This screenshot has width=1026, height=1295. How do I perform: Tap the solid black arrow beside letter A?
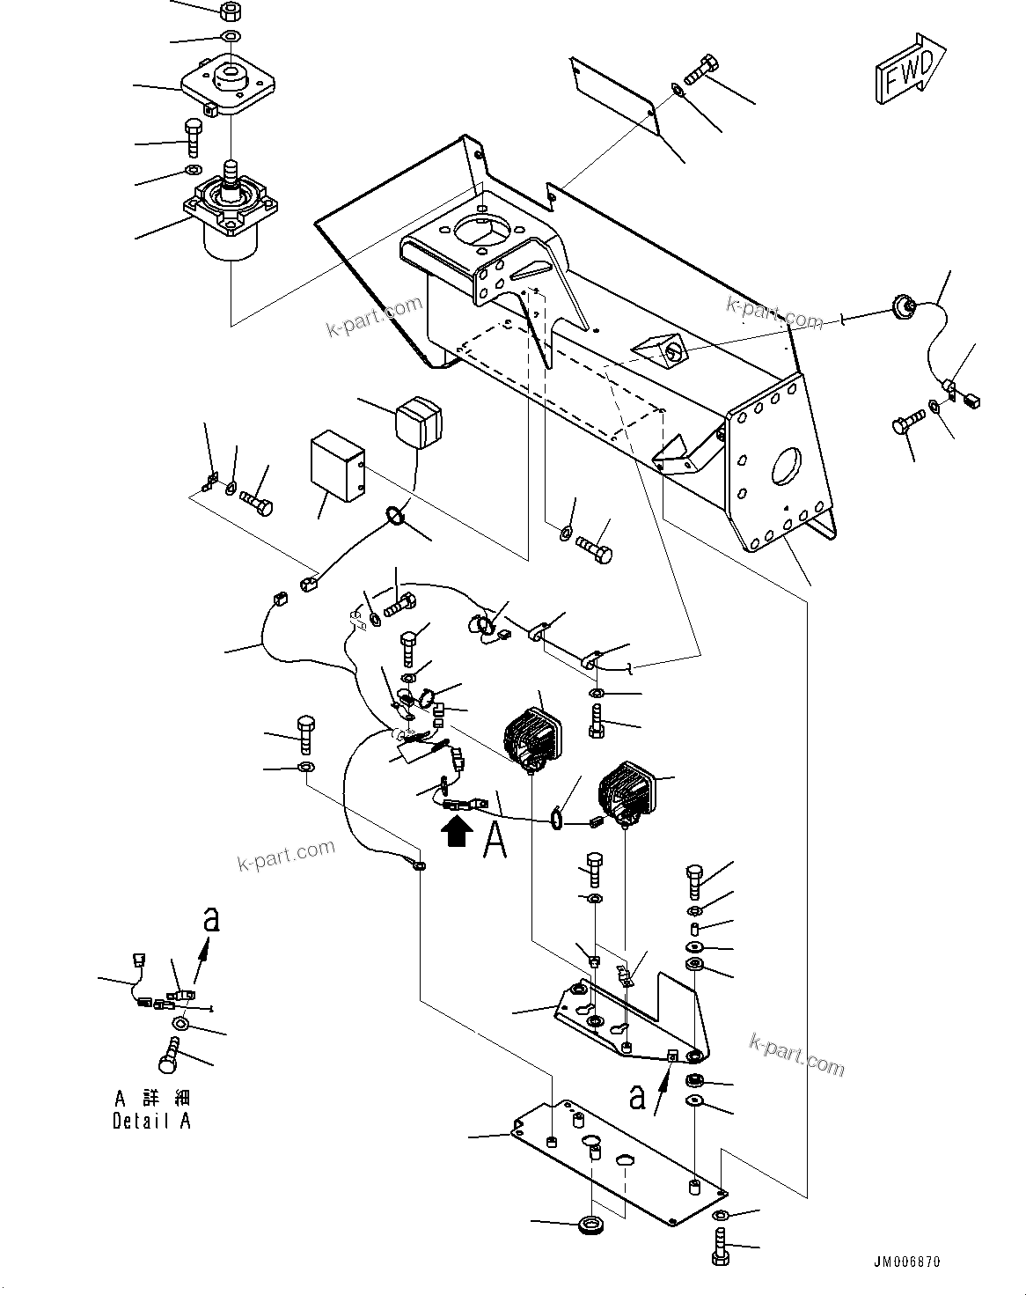coord(456,831)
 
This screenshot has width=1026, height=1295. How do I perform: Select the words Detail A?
coord(151,1121)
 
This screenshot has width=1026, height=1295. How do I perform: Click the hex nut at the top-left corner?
coord(230,12)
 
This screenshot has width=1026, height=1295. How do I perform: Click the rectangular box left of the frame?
coord(339,466)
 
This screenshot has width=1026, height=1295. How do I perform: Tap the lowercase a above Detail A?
coord(209,920)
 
